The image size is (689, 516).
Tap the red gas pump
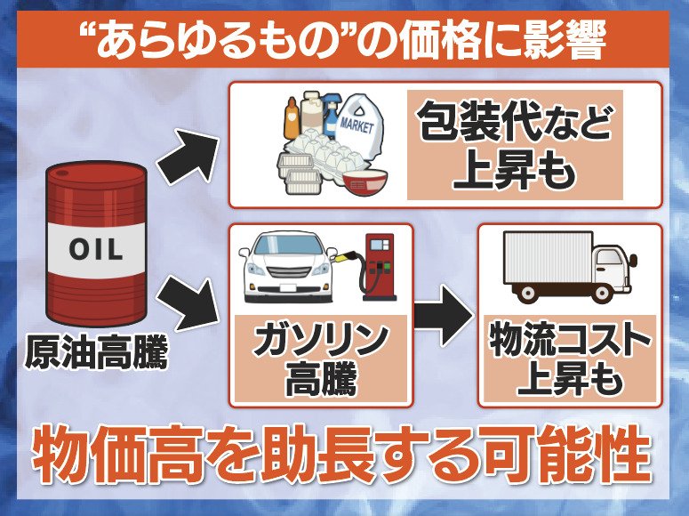point(378,262)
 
